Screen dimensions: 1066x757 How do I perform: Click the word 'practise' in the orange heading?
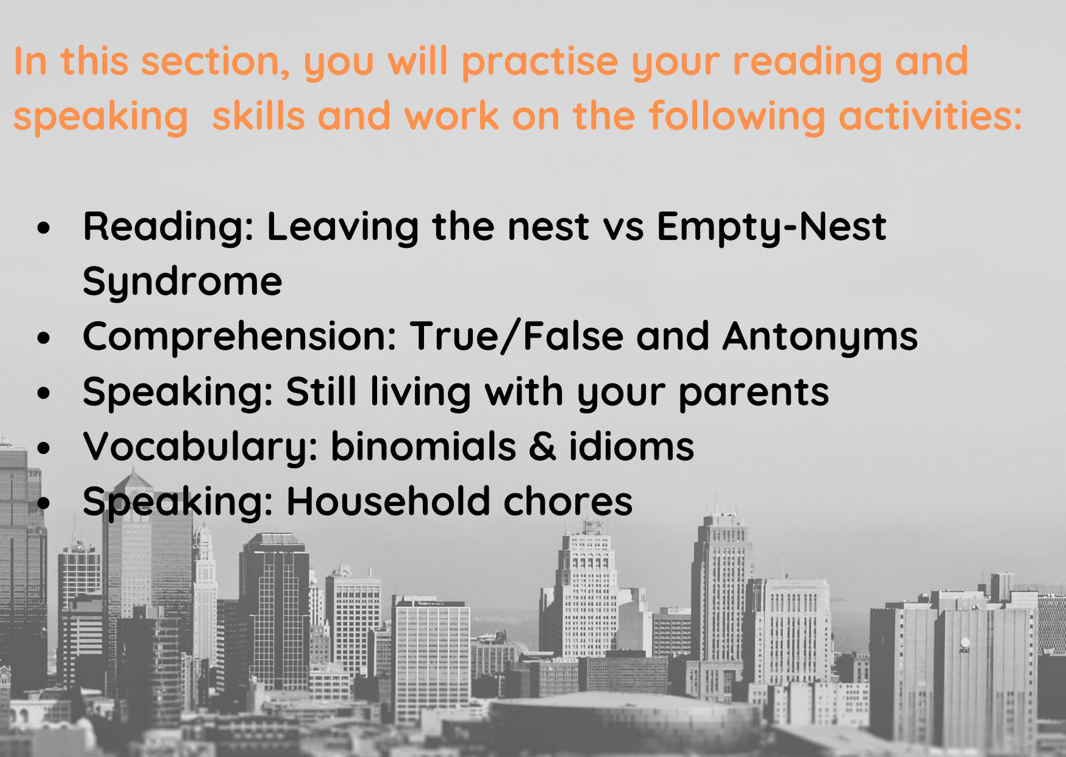coord(539,62)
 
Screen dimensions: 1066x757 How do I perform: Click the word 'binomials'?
coord(423,446)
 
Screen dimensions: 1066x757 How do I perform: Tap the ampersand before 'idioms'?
coord(542,446)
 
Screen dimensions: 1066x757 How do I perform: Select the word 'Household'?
coord(388,501)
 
